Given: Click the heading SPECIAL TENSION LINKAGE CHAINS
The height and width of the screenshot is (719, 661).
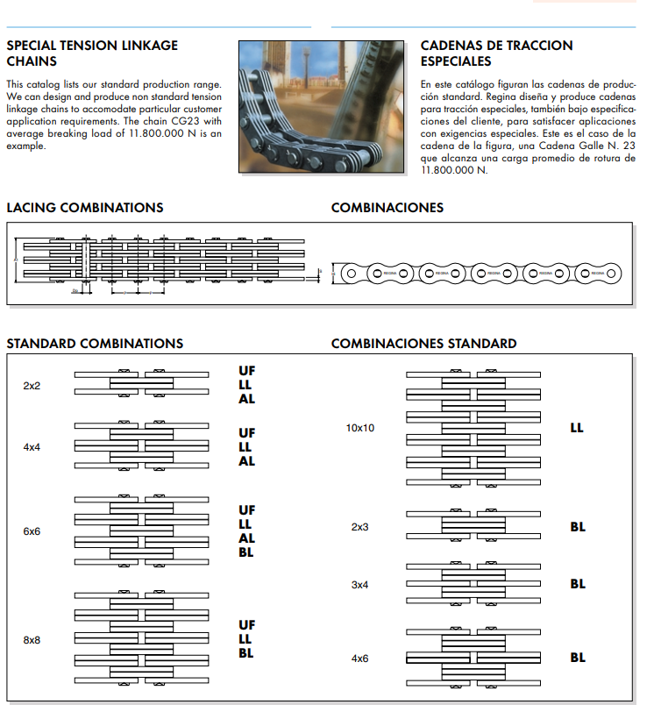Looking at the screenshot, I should click(92, 53).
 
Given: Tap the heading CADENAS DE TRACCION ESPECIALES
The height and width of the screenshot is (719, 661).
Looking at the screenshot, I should click(496, 53).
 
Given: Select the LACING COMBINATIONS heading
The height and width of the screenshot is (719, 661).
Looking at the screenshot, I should click(85, 208).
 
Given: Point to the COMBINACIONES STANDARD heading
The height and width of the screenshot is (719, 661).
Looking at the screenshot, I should click(423, 344).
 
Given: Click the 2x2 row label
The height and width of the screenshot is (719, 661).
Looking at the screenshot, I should click(32, 386).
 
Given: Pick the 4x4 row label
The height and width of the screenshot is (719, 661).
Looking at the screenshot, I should click(32, 447).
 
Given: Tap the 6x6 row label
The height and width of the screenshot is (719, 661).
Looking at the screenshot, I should click(32, 531).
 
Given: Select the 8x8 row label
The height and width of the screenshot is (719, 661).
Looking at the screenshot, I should click(32, 640).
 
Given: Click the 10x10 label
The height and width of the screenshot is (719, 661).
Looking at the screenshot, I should click(360, 429).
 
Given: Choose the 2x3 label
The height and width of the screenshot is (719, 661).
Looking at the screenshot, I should click(359, 527).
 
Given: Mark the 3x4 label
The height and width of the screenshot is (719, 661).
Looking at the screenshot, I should click(359, 584).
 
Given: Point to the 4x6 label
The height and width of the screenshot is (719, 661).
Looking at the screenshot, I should click(359, 658).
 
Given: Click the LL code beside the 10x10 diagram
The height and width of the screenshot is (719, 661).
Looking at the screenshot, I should click(577, 429).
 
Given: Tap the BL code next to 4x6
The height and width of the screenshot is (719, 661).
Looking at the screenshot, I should click(578, 658).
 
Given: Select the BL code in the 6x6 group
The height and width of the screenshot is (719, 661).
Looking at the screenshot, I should click(246, 552).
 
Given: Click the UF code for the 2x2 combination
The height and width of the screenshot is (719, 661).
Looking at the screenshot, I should click(246, 371).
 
